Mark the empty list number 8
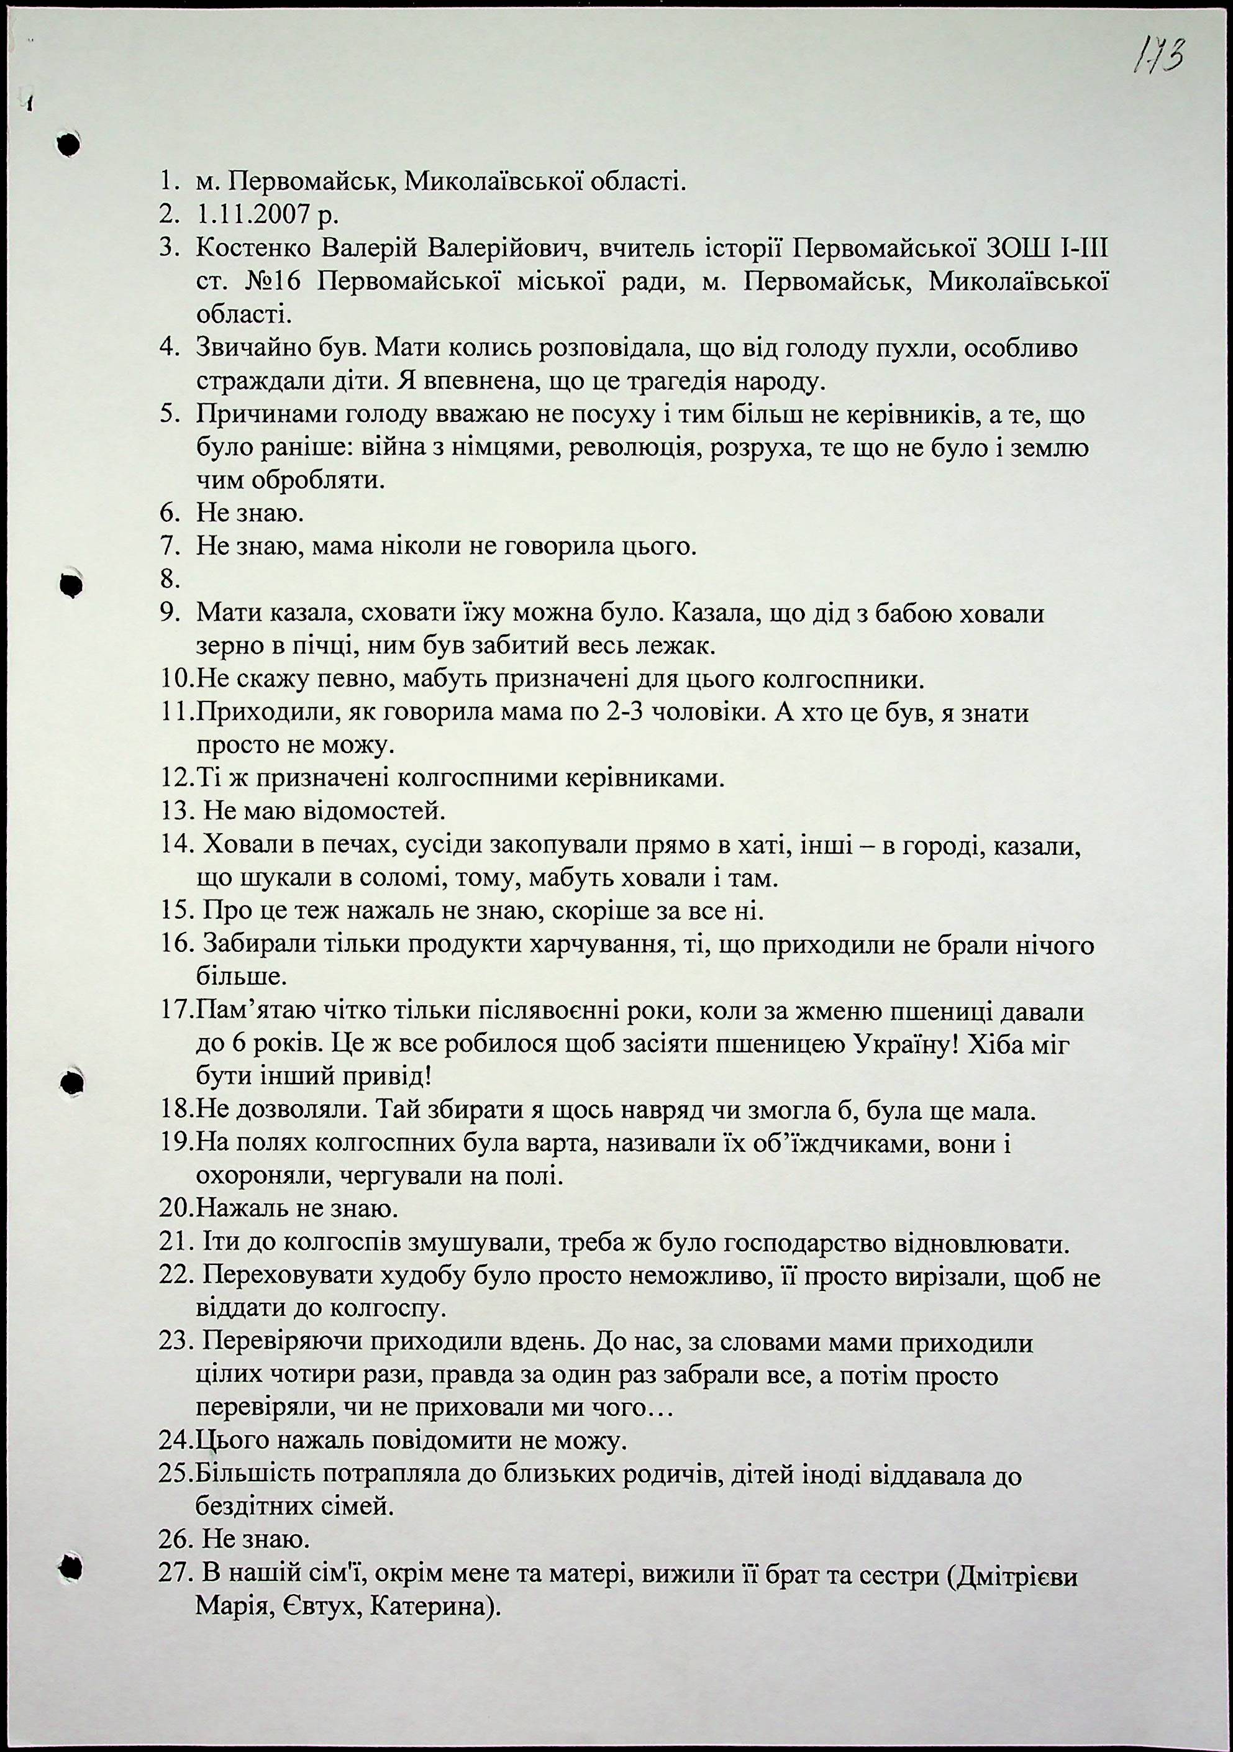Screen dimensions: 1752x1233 170,580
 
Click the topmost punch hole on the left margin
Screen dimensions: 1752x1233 69,143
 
